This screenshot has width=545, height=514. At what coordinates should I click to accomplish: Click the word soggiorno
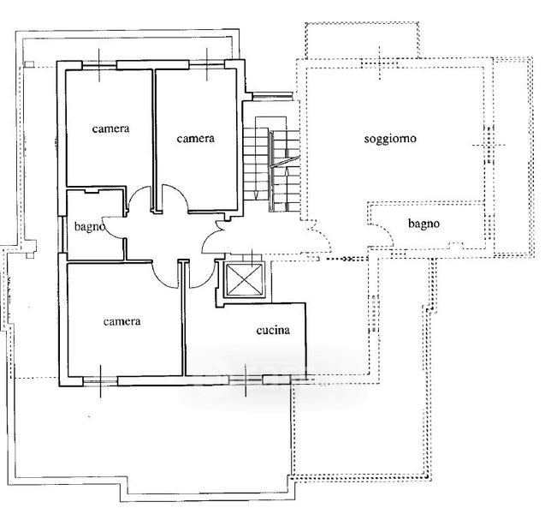coord(390,139)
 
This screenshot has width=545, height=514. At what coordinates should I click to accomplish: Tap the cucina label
coord(273,330)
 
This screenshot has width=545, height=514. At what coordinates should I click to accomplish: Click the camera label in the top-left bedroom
coord(111,128)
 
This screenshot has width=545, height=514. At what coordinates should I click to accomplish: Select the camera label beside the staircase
coord(195,139)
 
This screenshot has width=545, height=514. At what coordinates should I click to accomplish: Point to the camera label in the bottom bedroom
coord(122,321)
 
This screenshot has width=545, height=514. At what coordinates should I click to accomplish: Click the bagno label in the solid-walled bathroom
coord(90,227)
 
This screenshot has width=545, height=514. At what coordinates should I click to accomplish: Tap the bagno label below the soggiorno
coord(424,224)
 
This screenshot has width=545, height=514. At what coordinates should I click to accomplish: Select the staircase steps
coord(271,164)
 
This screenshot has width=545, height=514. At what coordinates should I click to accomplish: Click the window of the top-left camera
coord(99,65)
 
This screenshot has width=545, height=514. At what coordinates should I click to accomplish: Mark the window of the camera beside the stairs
coord(207,64)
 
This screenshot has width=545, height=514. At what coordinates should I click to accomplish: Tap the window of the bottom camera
coord(100,381)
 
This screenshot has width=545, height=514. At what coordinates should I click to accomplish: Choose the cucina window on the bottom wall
coord(246,380)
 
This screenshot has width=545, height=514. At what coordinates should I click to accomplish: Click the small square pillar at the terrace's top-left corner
coord(30,64)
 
